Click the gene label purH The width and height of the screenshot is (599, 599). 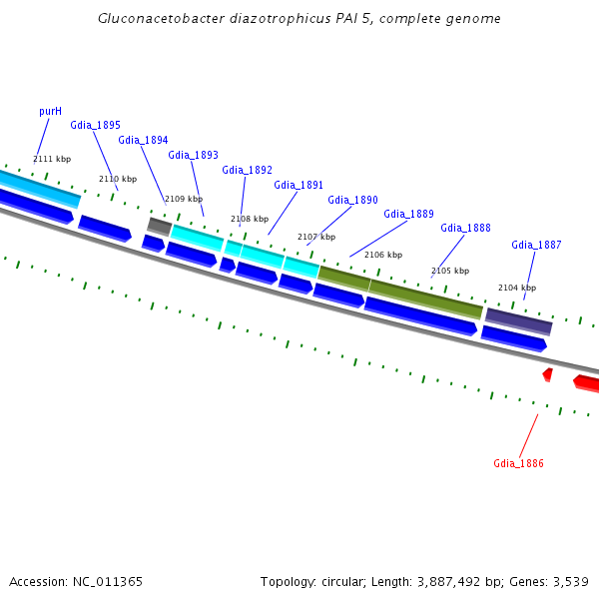[50, 111]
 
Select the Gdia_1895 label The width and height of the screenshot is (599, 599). [95, 125]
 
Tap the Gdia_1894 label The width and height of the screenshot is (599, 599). [143, 140]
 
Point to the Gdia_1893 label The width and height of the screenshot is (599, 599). [193, 155]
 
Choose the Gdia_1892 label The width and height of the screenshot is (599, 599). [247, 170]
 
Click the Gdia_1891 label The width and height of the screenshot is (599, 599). [299, 185]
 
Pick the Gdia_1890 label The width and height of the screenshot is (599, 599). [352, 200]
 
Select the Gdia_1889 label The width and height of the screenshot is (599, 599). [408, 214]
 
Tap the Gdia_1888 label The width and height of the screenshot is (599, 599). [465, 228]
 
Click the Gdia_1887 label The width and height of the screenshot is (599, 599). [536, 245]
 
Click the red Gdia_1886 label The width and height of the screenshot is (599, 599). [518, 463]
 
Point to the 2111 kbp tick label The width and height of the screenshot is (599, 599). [52, 159]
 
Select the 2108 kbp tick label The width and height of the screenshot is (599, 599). [250, 219]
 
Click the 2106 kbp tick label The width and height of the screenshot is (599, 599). [383, 255]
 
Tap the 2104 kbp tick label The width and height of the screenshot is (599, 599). [517, 288]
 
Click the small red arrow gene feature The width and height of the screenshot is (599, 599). [547, 374]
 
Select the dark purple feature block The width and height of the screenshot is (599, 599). [518, 320]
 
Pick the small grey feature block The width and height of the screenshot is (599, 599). [159, 227]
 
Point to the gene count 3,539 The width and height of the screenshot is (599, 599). [568, 581]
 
